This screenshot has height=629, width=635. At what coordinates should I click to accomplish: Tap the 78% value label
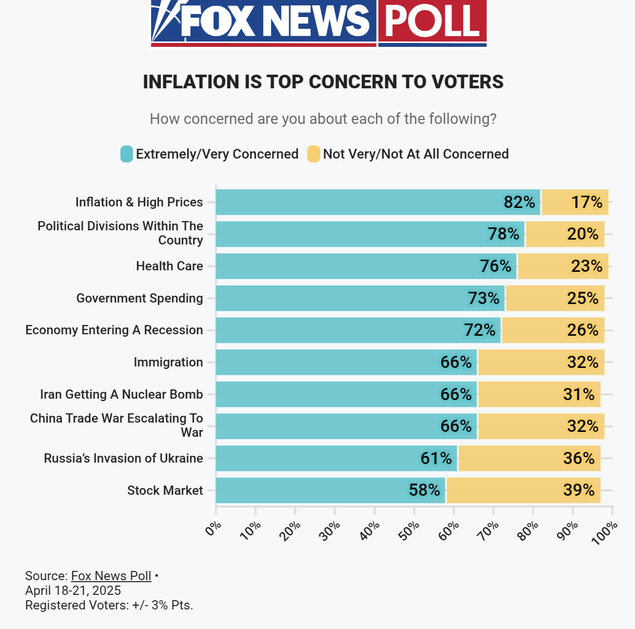pos(503,234)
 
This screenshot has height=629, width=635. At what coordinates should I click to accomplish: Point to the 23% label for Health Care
pos(587,266)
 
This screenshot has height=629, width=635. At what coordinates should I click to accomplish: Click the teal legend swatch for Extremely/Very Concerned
pos(126,154)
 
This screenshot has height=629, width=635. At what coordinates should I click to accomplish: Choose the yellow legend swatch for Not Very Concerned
pos(314,154)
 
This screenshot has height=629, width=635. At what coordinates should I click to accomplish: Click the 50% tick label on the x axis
pos(409,531)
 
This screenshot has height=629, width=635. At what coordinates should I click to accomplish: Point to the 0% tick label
pos(213,528)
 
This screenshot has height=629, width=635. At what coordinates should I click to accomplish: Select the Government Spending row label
pos(139,298)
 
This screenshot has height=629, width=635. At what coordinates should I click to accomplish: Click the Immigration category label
pos(168,362)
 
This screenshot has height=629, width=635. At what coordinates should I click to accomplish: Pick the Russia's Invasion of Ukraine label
pos(123,458)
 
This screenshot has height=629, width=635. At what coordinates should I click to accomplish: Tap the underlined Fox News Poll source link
pos(111,576)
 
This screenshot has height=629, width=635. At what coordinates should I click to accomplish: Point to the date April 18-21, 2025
pos(73,590)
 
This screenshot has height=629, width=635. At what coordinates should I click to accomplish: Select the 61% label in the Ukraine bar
pos(436,458)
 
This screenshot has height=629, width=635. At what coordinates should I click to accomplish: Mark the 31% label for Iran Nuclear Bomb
pos(579,394)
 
